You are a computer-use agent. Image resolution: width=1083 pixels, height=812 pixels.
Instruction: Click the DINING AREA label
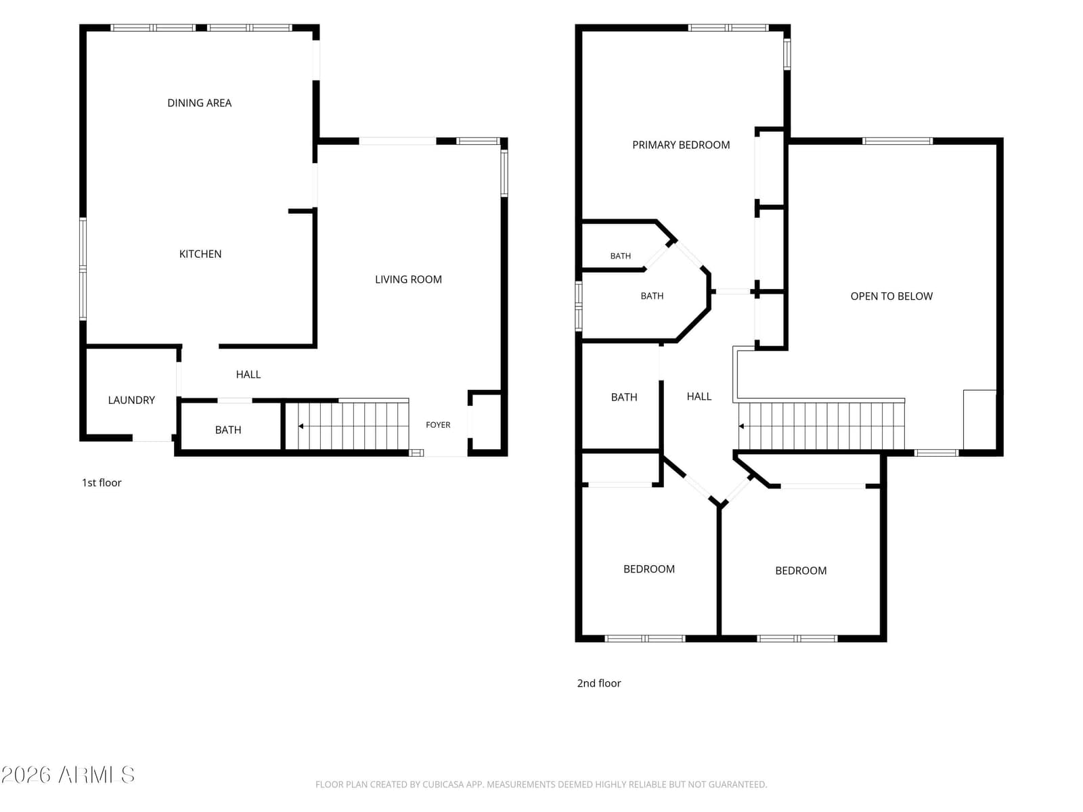pyautogui.click(x=199, y=103)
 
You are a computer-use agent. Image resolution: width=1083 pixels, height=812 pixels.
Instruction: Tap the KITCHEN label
pyautogui.click(x=200, y=254)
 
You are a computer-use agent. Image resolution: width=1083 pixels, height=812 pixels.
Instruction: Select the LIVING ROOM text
pyautogui.click(x=408, y=279)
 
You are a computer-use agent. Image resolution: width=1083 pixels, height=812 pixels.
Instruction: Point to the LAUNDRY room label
pyautogui.click(x=131, y=400)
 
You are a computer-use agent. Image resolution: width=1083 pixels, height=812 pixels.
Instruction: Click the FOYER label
pyautogui.click(x=438, y=424)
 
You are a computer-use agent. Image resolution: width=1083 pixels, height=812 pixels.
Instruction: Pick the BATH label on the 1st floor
pyautogui.click(x=228, y=430)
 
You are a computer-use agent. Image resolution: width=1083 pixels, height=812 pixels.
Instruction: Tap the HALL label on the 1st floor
pyautogui.click(x=248, y=374)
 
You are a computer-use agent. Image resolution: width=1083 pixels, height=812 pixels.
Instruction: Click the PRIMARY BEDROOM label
pyautogui.click(x=681, y=145)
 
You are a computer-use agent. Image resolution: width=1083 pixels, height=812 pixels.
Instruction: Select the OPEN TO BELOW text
pyautogui.click(x=891, y=296)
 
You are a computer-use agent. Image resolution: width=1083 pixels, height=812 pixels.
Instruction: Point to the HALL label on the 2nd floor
pyautogui.click(x=699, y=397)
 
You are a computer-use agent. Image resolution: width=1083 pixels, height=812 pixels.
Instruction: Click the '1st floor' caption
pyautogui.click(x=102, y=482)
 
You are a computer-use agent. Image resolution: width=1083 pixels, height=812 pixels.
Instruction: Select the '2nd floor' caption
pyautogui.click(x=599, y=683)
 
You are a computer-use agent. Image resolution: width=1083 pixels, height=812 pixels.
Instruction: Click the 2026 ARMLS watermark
pyautogui.click(x=68, y=775)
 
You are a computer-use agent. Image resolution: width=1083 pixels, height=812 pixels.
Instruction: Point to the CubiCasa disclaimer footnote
pyautogui.click(x=541, y=784)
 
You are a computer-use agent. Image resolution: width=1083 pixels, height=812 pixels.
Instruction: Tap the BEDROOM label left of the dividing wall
pyautogui.click(x=649, y=569)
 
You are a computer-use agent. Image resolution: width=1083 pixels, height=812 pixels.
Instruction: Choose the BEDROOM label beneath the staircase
pyautogui.click(x=800, y=570)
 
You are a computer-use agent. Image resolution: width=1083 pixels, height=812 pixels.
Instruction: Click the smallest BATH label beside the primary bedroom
pyautogui.click(x=620, y=256)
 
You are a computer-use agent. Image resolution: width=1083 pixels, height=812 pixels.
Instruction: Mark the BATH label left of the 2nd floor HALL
pyautogui.click(x=623, y=397)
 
